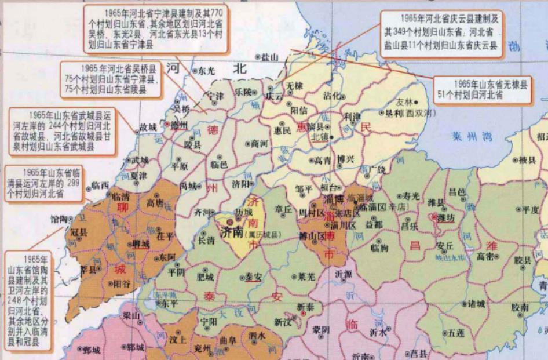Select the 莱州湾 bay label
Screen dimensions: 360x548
[472, 137]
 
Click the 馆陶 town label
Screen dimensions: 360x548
[59, 219]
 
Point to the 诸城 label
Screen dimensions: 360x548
[476, 303]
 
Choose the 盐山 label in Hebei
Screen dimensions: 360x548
[270, 57]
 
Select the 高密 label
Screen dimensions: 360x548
[485, 256]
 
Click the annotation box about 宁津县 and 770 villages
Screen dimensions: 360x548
[155, 27]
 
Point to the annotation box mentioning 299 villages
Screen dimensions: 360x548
[45, 184]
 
